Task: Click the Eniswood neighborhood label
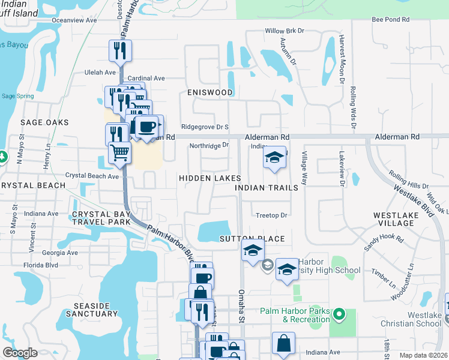209,92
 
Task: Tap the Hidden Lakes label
209,179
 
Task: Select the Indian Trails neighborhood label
267,188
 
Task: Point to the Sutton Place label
252,239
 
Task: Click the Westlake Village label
394,218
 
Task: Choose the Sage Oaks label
44,122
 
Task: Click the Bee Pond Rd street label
390,20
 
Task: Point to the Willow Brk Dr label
285,31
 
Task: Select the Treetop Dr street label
273,215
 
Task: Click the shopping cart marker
119,152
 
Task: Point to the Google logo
20,353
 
